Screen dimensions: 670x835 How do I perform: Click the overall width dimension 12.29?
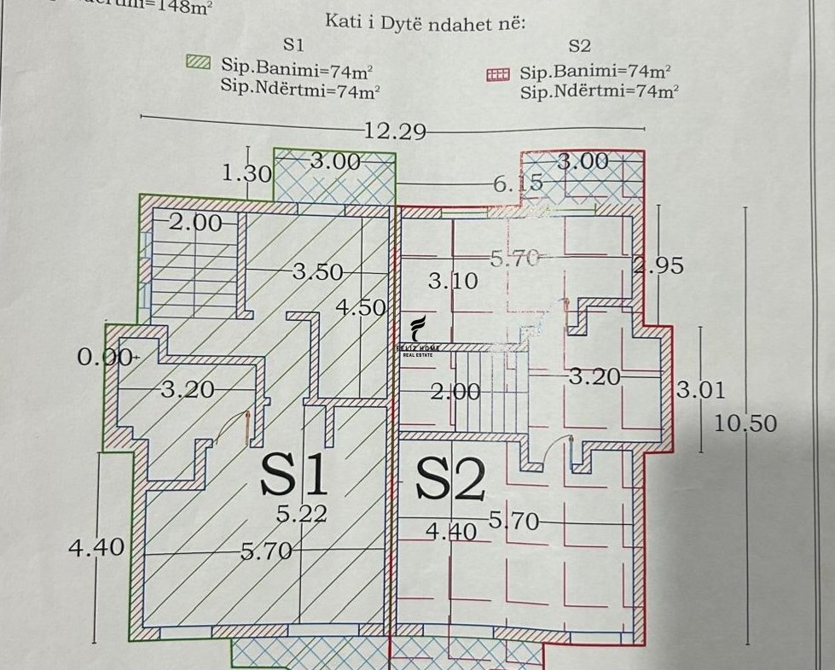tap(394, 131)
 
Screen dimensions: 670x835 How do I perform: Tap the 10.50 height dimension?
tap(745, 423)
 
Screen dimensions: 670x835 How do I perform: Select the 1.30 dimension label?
tap(246, 174)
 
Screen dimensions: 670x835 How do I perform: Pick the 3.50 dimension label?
tap(317, 272)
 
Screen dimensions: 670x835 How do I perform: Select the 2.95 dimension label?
tap(658, 265)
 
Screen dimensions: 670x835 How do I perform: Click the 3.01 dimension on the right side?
tap(700, 392)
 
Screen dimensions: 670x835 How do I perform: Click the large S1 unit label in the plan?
tap(294, 475)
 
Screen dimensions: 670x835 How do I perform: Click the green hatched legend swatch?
tap(198, 62)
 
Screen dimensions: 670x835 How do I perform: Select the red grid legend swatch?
tap(496, 74)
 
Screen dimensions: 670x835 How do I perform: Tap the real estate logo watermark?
tap(418, 337)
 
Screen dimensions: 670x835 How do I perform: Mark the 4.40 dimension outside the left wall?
tap(96, 546)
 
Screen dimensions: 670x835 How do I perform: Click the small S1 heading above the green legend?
tap(293, 44)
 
